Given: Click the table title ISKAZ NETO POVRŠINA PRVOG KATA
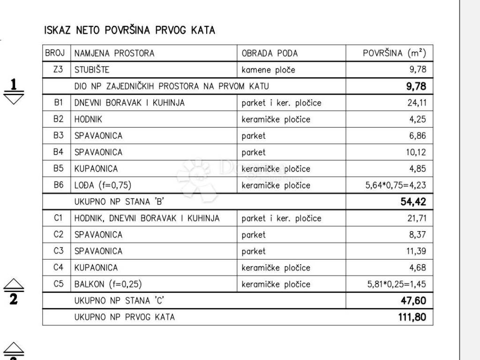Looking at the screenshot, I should click(x=129, y=30).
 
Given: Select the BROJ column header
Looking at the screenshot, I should click(x=55, y=53).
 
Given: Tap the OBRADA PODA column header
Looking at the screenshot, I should click(x=270, y=53).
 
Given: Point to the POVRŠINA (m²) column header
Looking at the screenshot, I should click(x=394, y=53).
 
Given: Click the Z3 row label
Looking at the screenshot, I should click(x=58, y=70).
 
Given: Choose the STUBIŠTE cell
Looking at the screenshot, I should click(x=92, y=70).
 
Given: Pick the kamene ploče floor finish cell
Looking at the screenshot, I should click(x=269, y=70).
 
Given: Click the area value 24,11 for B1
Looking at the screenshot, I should click(x=417, y=103).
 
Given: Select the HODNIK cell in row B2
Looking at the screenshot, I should click(x=88, y=119).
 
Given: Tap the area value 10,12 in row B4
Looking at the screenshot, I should click(x=417, y=152).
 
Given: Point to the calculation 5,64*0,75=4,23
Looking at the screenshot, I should click(x=396, y=185).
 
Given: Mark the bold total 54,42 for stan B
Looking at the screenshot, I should click(x=413, y=202).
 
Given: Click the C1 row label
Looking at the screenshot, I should click(x=58, y=218).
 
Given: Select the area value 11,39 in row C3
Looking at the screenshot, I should click(x=416, y=251).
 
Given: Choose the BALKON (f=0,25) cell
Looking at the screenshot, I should click(x=108, y=284).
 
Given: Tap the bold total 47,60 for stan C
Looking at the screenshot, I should click(x=413, y=300).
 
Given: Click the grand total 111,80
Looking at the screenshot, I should click(x=412, y=317).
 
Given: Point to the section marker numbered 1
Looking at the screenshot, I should click(x=14, y=84).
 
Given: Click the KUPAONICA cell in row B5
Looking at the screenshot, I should click(x=96, y=169).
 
